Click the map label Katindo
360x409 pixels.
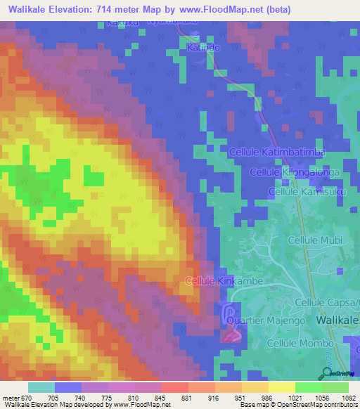tap(204, 46)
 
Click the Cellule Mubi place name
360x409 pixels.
tap(315, 240)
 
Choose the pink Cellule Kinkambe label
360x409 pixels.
tap(219, 280)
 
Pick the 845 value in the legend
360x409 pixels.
tap(161, 398)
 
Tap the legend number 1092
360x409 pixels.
tap(348, 398)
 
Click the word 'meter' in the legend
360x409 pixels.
tap(11, 398)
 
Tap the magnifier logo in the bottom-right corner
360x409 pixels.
tap(328, 372)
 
